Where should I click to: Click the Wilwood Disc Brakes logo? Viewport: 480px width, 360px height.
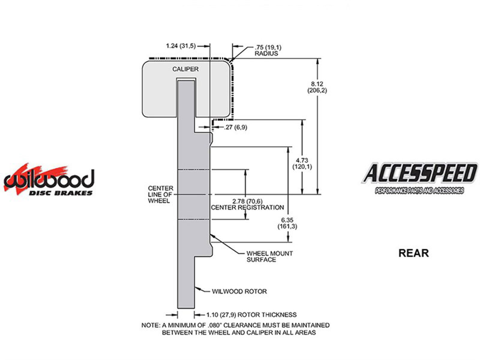coord(49,181)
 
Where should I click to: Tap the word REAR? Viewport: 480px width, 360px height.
coord(413,253)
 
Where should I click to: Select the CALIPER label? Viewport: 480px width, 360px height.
coord(185,69)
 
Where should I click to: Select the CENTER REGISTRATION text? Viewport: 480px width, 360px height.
coord(247,207)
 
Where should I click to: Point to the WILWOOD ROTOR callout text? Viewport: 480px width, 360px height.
coord(239,291)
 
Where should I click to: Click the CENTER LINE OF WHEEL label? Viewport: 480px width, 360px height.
coord(160,194)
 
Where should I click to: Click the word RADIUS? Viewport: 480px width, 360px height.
coord(266,53)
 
